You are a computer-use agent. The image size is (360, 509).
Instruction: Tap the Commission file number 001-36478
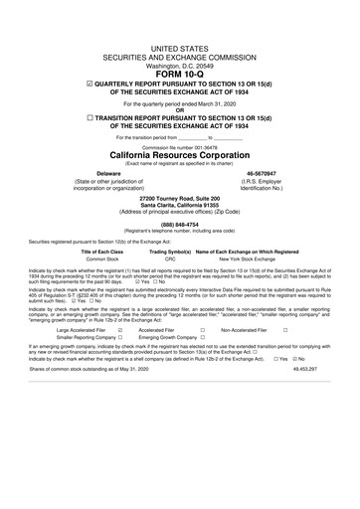180,145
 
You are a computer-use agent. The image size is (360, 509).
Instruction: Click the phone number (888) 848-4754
180,224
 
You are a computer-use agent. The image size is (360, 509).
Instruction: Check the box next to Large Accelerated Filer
119,356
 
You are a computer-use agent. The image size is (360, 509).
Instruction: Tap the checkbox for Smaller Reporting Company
119,364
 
